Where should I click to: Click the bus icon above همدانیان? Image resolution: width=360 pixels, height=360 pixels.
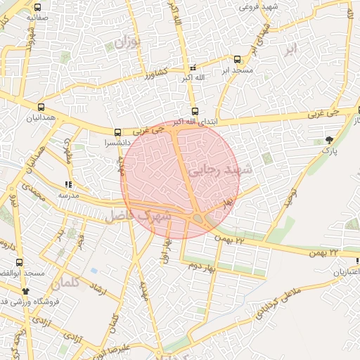(x=42, y=108)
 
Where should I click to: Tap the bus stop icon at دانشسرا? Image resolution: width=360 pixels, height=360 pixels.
(x=117, y=131)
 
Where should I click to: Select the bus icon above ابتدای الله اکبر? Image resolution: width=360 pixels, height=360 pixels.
(x=195, y=110)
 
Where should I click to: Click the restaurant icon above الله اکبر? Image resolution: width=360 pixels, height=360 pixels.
(x=193, y=67)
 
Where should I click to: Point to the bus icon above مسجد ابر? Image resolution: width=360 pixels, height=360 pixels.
(x=236, y=60)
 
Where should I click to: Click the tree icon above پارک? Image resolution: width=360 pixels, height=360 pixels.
(x=330, y=139)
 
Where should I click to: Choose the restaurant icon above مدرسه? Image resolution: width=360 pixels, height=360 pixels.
(x=68, y=185)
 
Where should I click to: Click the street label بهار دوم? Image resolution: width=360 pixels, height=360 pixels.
(x=200, y=266)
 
